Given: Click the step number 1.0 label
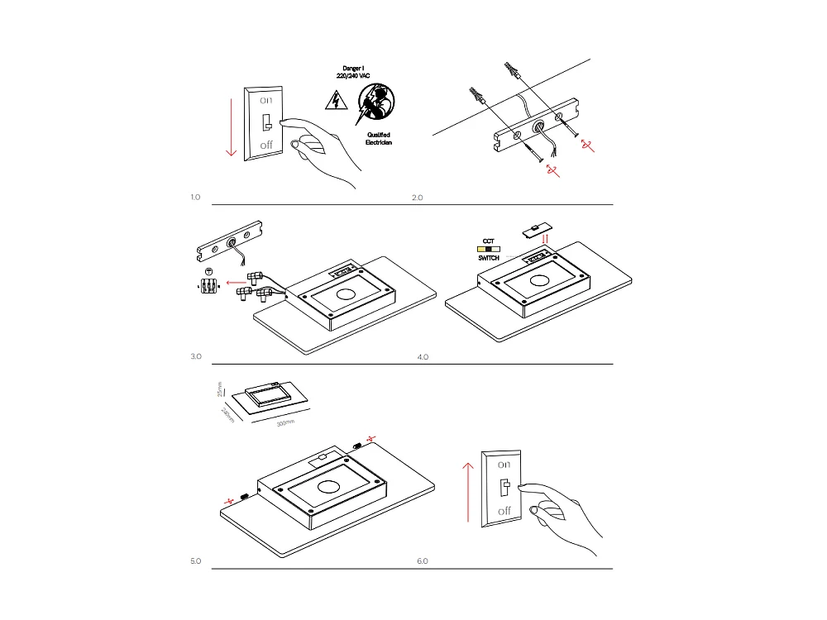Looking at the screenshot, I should point(196,198).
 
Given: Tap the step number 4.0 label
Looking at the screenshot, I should point(423,357).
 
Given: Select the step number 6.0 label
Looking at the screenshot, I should point(423,561).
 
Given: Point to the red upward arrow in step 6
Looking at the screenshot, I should point(469,491).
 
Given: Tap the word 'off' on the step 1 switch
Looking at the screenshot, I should point(265,145).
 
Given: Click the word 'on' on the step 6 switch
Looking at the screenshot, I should point(504,465).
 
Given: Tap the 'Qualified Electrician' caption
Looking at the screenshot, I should point(378,138).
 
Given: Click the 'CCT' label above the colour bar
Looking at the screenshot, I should point(488,241).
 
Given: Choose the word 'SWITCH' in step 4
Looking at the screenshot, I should point(489,259).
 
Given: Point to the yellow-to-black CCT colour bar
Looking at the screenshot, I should point(488,249).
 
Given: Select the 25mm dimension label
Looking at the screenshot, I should point(220,388).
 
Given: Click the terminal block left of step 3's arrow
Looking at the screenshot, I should point(208,284).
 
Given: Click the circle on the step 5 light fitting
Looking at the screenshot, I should point(329,487).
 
